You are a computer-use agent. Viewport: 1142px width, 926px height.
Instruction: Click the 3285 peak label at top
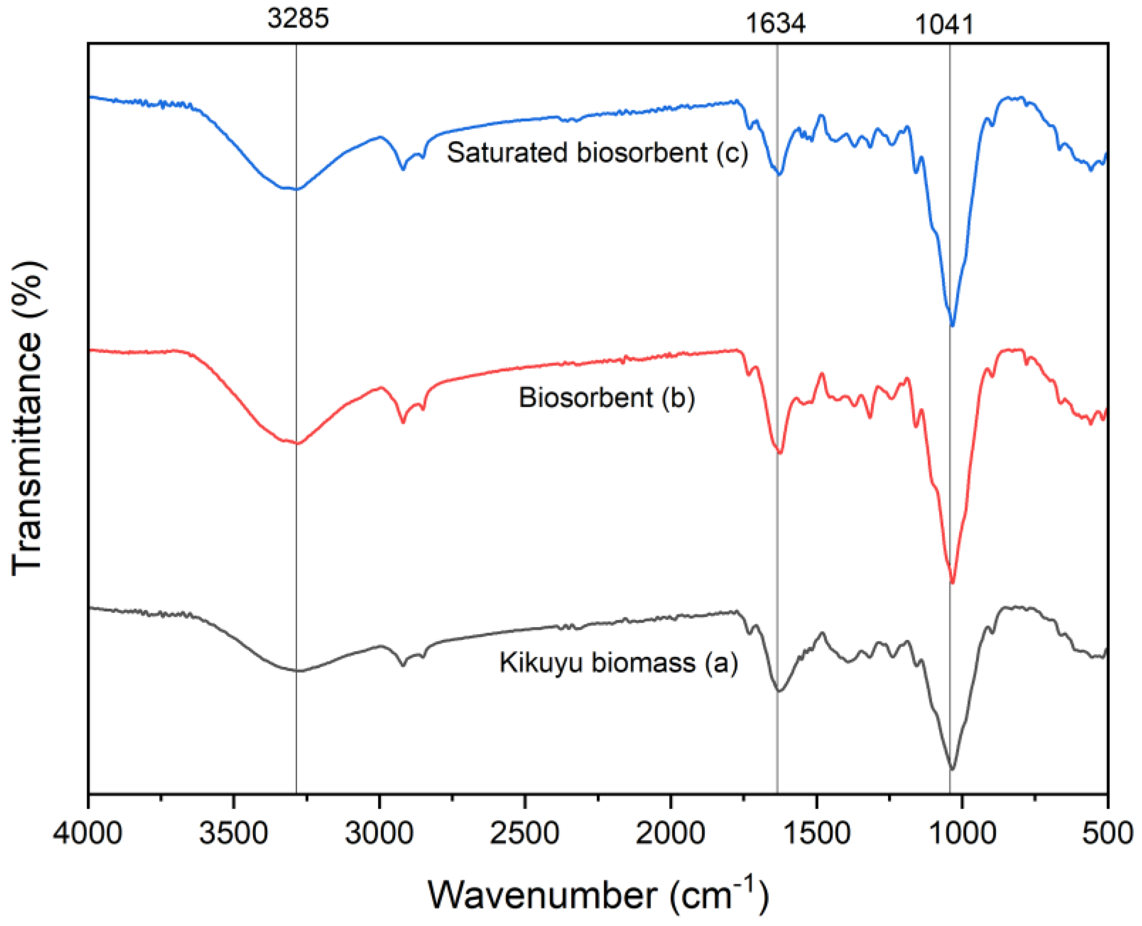point(298,19)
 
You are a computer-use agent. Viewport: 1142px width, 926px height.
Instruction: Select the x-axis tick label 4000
point(88,833)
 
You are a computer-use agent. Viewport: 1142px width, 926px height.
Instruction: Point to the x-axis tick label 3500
point(233,833)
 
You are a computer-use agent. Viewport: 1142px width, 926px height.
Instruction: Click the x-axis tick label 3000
point(379,833)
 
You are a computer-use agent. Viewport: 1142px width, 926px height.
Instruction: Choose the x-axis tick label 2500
point(525,833)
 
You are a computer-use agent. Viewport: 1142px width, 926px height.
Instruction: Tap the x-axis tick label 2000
point(670,833)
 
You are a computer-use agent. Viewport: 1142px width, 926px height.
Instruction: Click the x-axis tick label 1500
point(816,833)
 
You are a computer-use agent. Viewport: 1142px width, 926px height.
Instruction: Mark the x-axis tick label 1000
point(962,833)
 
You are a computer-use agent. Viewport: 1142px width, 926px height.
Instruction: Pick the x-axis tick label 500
point(1108,833)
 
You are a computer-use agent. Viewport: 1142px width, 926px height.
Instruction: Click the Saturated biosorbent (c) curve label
point(597,153)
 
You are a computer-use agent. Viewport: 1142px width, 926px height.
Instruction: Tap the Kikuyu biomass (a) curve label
point(618,663)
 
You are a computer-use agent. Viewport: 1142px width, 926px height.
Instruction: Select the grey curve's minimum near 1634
point(779,691)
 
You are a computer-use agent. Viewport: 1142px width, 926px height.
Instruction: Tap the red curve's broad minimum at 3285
point(298,443)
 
